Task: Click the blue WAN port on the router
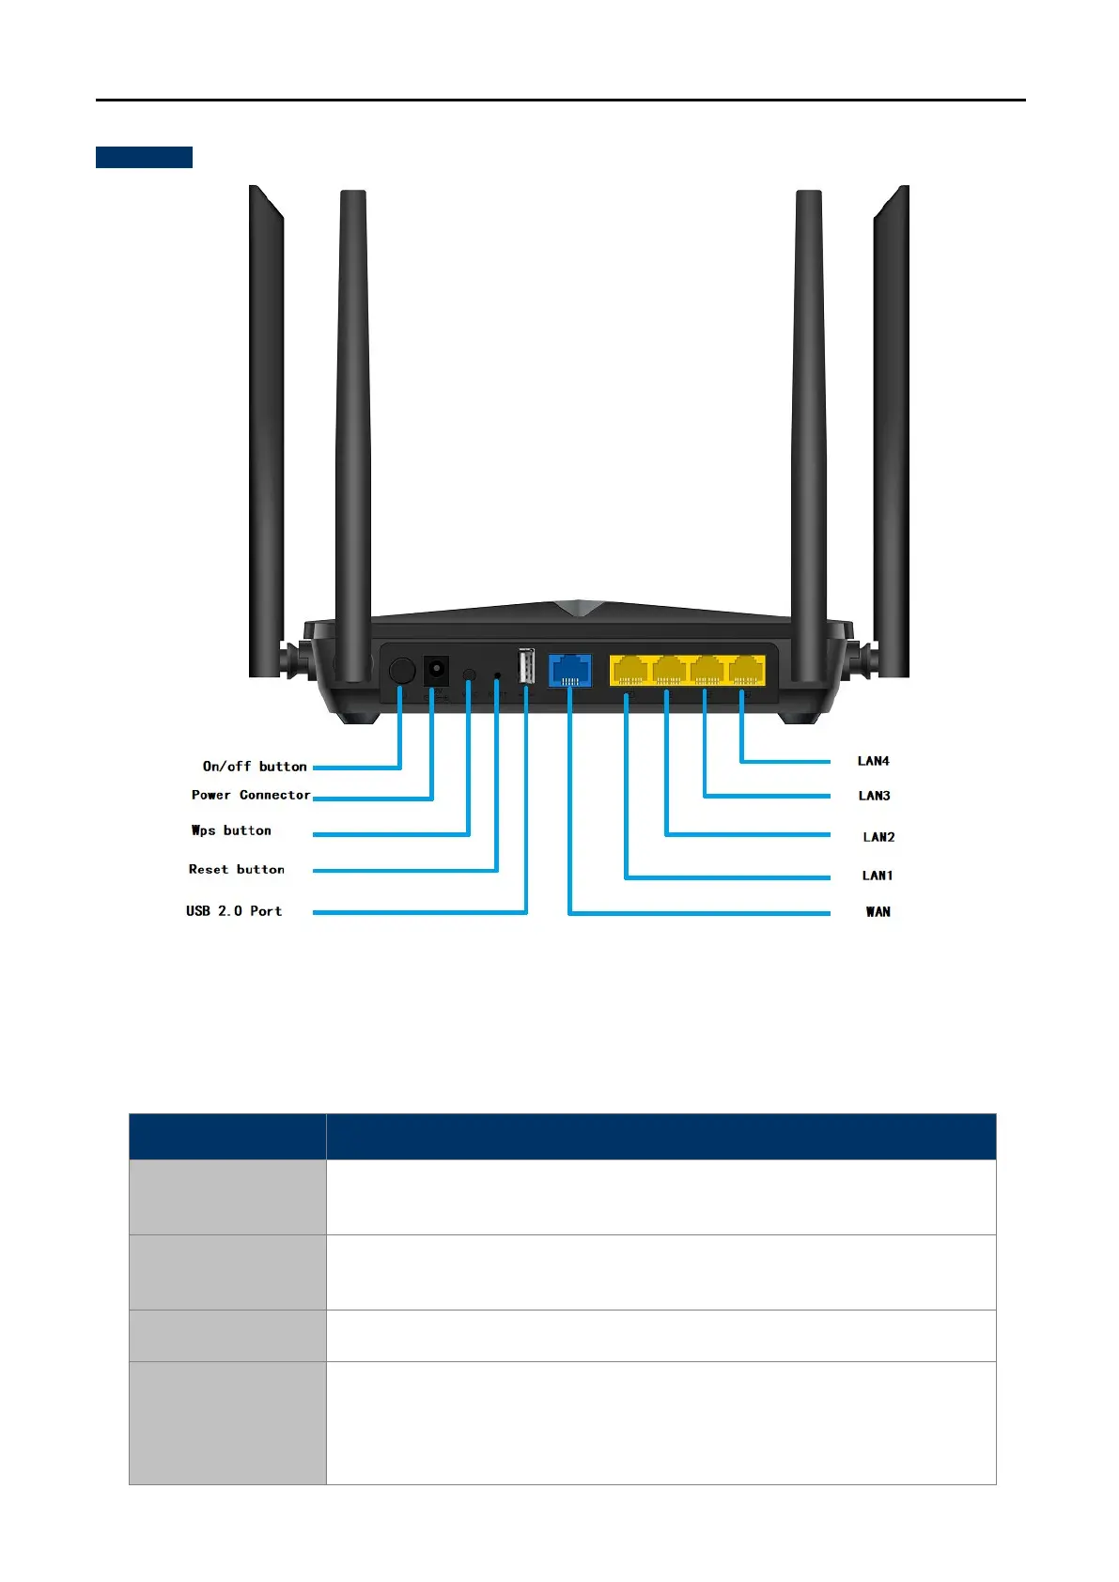[x=569, y=670]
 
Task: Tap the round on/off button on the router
[x=402, y=671]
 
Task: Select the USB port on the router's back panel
[x=526, y=667]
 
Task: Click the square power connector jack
[x=435, y=671]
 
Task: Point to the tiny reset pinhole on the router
[x=497, y=675]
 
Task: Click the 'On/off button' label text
[x=255, y=767]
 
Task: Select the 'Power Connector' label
[x=251, y=795]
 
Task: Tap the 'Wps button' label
[x=231, y=830]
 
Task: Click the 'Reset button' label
[x=237, y=870]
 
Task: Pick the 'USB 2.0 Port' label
[x=234, y=911]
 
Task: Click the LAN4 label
[x=874, y=761]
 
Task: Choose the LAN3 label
[x=874, y=796]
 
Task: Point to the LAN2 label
[x=878, y=837]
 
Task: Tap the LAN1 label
[x=878, y=876]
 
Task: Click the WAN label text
[x=878, y=912]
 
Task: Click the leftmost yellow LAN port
[x=629, y=670]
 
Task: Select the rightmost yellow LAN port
[x=746, y=670]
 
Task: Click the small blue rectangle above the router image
[x=144, y=157]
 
